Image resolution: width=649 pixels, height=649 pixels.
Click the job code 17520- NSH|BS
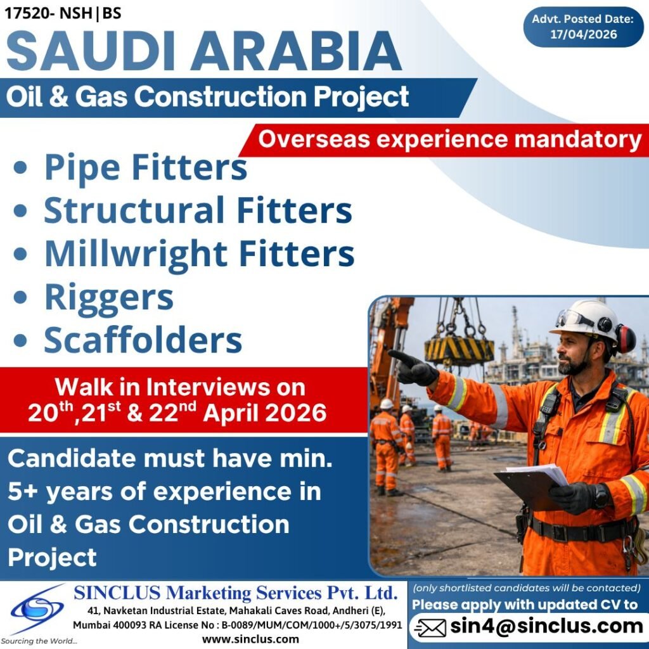pos(63,12)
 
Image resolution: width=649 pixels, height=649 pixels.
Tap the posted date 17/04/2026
pos(583,35)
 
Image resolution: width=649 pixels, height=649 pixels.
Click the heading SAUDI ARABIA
pos(203,52)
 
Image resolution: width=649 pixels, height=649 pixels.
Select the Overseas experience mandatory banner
pos(449,140)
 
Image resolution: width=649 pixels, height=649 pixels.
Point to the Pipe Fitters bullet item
pos(145,167)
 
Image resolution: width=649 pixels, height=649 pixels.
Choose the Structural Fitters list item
pos(198,210)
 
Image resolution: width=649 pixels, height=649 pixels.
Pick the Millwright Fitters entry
pos(199,254)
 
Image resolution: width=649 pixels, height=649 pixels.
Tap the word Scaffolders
pos(143,340)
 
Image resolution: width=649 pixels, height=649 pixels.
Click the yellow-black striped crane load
pos(459,350)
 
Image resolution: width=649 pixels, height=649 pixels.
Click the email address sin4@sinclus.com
pos(546,627)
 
